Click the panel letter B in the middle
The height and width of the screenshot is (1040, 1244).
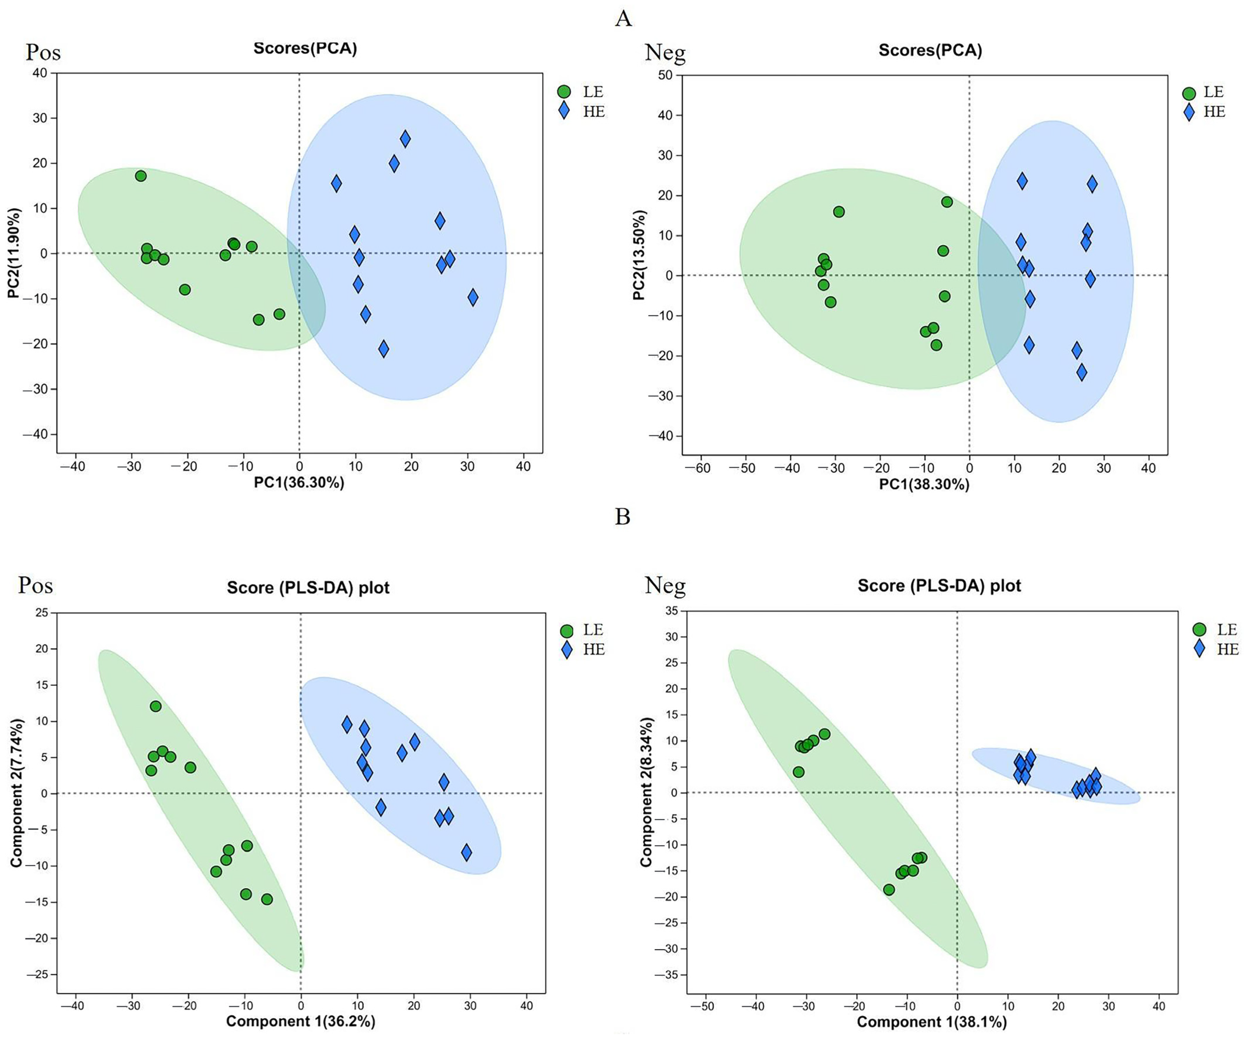point(623,517)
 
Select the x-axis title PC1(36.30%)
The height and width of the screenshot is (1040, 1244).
point(299,482)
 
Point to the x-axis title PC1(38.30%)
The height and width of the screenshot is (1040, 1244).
point(924,485)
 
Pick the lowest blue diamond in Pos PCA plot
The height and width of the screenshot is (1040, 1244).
point(384,348)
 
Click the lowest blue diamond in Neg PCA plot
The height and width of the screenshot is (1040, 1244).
point(1082,372)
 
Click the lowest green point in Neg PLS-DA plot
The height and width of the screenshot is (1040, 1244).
point(888,890)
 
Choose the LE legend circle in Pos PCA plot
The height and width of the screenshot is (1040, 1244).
point(564,92)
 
